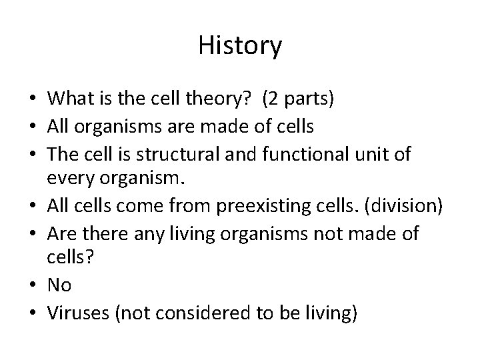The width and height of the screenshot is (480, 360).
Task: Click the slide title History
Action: (x=240, y=46)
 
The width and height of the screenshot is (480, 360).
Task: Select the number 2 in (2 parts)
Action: (x=273, y=99)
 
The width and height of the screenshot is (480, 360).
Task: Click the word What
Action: (x=70, y=99)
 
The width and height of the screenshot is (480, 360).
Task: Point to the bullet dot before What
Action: (x=33, y=99)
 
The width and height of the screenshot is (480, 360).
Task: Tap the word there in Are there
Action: (x=95, y=233)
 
